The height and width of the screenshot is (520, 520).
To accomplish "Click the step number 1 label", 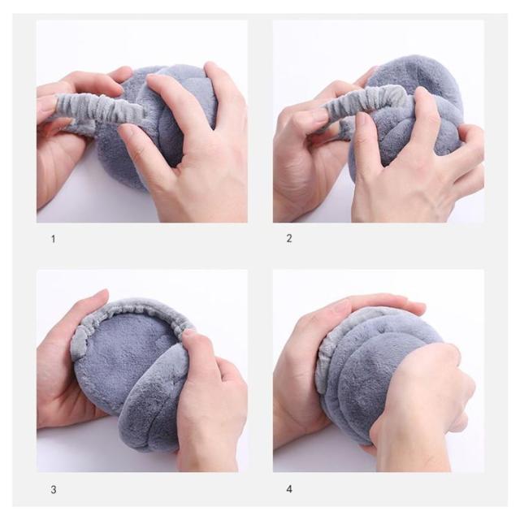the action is tap(53, 239).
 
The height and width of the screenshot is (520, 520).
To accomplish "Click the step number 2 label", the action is tap(289, 238).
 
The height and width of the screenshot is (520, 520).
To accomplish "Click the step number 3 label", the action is tap(54, 489).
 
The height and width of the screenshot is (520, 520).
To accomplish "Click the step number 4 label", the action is tap(289, 489).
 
